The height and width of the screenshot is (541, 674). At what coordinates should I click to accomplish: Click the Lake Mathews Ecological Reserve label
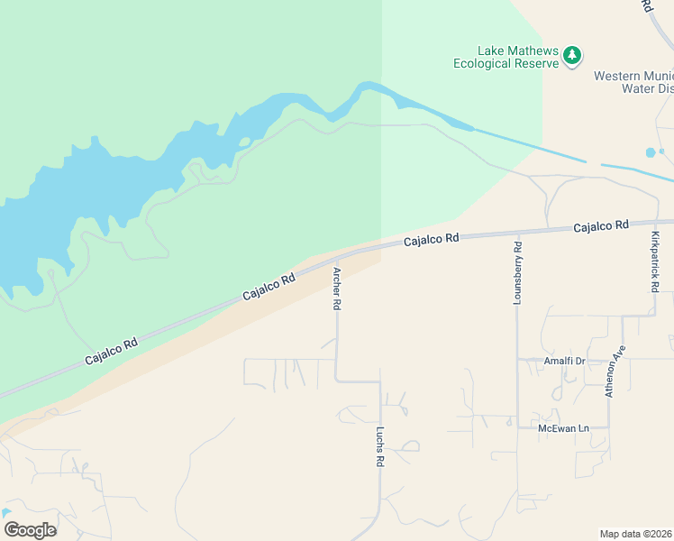click(x=506, y=57)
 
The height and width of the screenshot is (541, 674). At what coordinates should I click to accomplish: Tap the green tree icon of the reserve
click(x=571, y=57)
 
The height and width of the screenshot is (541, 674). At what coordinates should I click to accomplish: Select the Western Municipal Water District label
click(x=633, y=82)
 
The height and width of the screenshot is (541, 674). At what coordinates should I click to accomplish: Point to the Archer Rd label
click(x=337, y=289)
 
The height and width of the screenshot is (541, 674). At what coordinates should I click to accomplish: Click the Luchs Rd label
click(x=380, y=446)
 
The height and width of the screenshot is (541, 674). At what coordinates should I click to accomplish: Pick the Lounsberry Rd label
click(x=517, y=273)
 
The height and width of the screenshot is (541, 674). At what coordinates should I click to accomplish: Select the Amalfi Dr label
click(x=564, y=361)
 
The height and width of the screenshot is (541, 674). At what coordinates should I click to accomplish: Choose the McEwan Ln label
click(x=562, y=427)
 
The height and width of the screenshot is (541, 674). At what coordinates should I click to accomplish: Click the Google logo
click(x=30, y=530)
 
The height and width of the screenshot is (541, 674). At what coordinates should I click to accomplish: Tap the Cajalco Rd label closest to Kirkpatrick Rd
click(x=601, y=225)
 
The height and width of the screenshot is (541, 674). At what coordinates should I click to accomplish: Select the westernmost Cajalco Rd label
click(x=112, y=351)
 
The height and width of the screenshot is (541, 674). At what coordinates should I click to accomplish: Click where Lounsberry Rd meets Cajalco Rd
click(x=517, y=231)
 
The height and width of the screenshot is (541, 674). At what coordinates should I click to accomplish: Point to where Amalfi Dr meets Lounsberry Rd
click(x=517, y=360)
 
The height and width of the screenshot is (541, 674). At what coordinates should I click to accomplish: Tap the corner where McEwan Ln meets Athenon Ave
click(x=609, y=427)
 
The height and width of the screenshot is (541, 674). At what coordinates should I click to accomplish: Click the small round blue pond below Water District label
click(x=651, y=152)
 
